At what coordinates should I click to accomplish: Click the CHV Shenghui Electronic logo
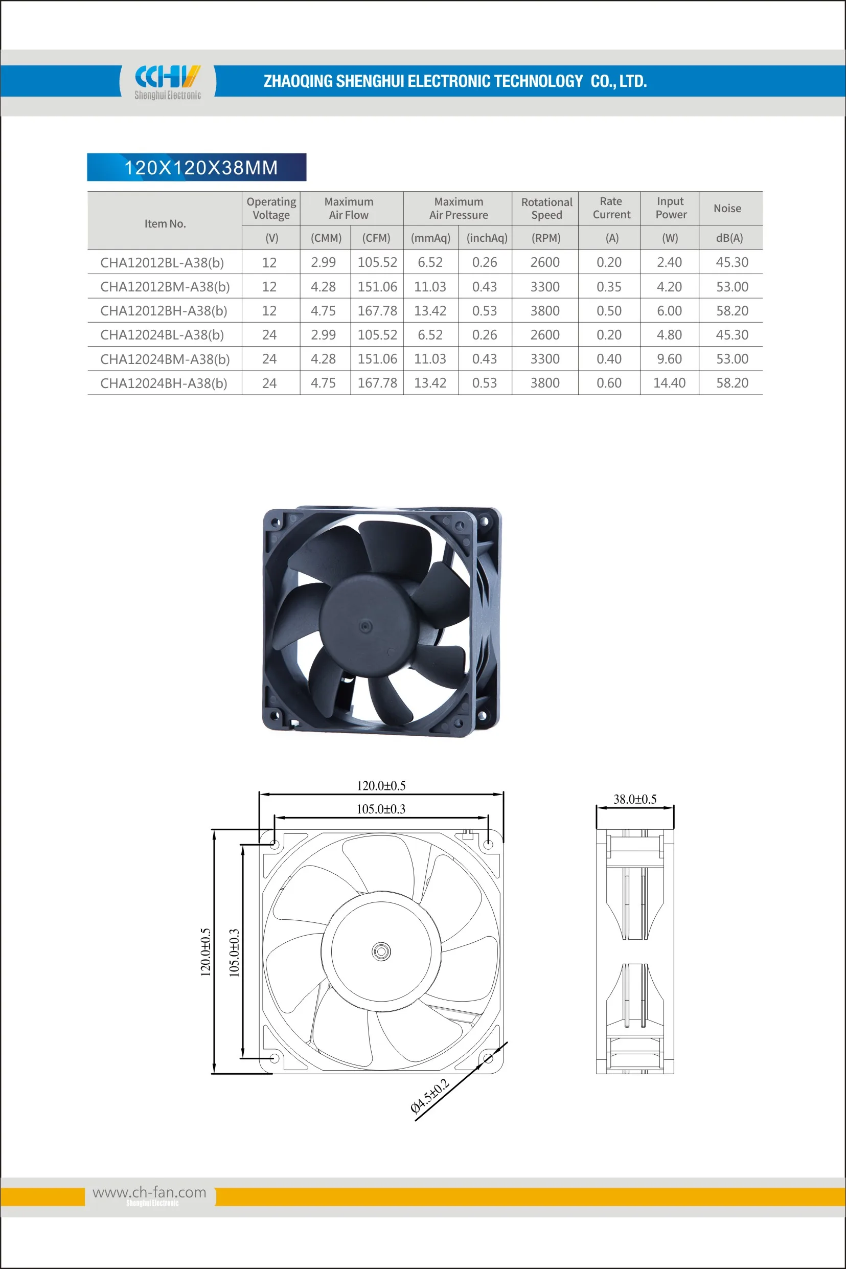click(167, 81)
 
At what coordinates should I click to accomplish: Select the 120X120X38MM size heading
click(201, 167)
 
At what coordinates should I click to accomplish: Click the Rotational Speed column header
click(546, 208)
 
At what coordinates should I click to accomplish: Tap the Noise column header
click(727, 208)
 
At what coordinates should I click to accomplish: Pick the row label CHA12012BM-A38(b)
click(165, 286)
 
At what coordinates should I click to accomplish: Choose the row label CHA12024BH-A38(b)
click(164, 383)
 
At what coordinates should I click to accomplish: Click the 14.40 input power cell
click(669, 383)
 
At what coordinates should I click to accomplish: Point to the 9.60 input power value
click(669, 359)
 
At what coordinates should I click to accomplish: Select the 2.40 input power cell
click(669, 262)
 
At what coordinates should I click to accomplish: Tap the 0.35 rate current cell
click(609, 286)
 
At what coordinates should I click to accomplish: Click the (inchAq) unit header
click(487, 238)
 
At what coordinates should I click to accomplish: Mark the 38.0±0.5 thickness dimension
click(634, 799)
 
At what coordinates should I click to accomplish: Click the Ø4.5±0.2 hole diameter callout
click(429, 1096)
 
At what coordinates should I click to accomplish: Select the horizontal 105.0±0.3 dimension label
click(380, 809)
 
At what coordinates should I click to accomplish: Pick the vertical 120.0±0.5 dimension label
click(205, 953)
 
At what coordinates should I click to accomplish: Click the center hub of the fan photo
click(365, 626)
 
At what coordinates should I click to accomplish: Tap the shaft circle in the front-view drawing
click(381, 951)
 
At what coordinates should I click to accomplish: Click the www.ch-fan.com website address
click(149, 1192)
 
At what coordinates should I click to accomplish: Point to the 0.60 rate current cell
click(609, 383)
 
